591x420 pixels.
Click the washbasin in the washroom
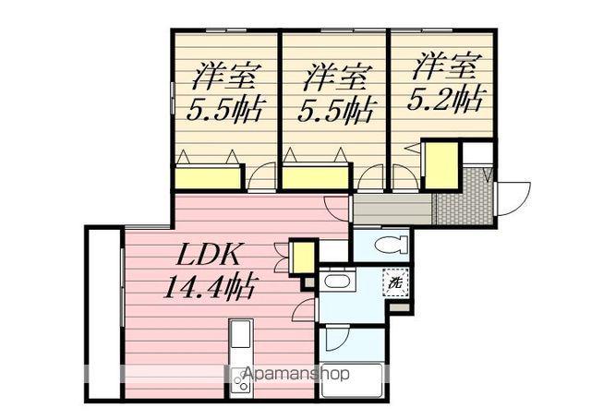(x=336, y=283)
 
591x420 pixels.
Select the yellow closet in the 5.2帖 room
(x=440, y=164)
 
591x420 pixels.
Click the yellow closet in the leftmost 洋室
(x=208, y=177)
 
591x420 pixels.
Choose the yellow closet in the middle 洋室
(x=313, y=177)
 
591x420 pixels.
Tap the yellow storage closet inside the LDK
(x=302, y=258)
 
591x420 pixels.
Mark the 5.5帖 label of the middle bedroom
(x=334, y=111)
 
